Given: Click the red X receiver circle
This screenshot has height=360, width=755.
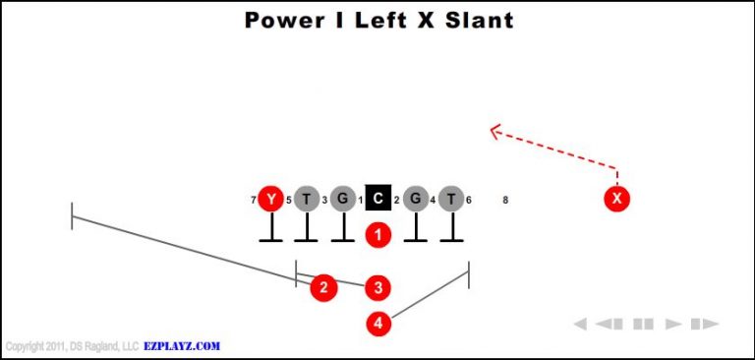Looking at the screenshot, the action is tap(617, 200).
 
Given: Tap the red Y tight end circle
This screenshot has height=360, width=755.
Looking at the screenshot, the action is tap(270, 200).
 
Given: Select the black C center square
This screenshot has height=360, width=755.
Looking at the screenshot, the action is tap(378, 200).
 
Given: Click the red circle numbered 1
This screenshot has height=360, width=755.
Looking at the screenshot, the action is tap(378, 235).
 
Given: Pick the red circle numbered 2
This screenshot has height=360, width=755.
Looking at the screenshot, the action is tap(323, 287).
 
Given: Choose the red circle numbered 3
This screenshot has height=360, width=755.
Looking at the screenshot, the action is tap(378, 287).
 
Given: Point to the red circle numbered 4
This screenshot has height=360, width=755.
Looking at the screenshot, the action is tap(378, 323).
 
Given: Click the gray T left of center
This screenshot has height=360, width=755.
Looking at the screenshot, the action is tap(307, 200).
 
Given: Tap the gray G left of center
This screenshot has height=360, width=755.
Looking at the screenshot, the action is tap(342, 200).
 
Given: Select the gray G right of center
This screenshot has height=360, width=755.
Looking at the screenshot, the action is tap(415, 200).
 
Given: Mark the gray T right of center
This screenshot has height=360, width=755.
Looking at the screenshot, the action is tap(451, 200).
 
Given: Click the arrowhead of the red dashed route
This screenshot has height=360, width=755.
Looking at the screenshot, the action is tap(494, 130).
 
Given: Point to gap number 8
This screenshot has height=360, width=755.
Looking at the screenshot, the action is tap(505, 201).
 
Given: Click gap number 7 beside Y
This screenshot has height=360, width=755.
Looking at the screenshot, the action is tap(254, 201).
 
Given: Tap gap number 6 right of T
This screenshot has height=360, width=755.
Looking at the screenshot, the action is tap(469, 201).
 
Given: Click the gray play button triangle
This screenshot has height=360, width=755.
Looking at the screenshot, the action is tap(673, 324).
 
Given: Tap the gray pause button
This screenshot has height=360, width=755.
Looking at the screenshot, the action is tap(644, 324).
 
